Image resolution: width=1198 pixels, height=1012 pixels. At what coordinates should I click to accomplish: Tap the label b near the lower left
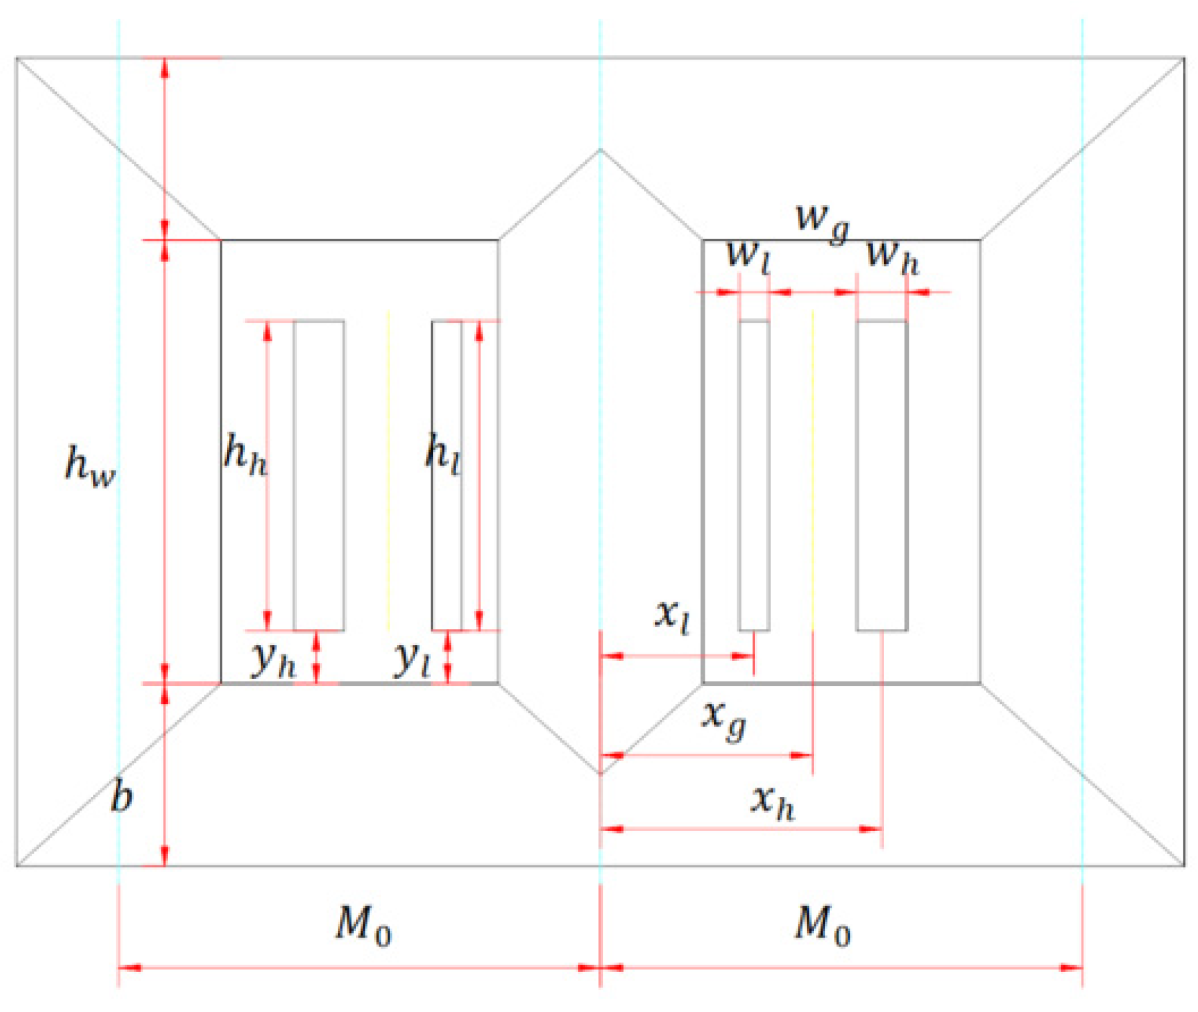tap(121, 797)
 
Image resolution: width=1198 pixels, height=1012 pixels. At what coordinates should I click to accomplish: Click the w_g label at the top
tap(823, 221)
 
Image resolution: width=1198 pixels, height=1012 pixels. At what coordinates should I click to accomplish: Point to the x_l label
tap(671, 615)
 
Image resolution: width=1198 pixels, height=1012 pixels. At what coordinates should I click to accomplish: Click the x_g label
tap(723, 718)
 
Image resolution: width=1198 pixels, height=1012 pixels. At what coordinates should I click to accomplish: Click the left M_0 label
tap(363, 925)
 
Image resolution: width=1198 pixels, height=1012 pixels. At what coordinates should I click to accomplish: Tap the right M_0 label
tap(822, 925)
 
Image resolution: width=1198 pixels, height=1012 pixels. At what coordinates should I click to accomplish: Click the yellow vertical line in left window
tap(389, 469)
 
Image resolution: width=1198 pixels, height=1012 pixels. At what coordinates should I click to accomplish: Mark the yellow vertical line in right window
tap(812, 469)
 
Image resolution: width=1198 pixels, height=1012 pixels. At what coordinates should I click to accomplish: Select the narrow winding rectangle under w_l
tap(754, 476)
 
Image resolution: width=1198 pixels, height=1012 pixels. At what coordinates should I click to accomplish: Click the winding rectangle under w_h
tap(881, 476)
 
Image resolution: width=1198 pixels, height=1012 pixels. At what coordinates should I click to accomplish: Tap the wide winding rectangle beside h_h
tap(319, 476)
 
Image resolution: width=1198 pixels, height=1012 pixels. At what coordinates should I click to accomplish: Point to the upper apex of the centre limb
tap(600, 150)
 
